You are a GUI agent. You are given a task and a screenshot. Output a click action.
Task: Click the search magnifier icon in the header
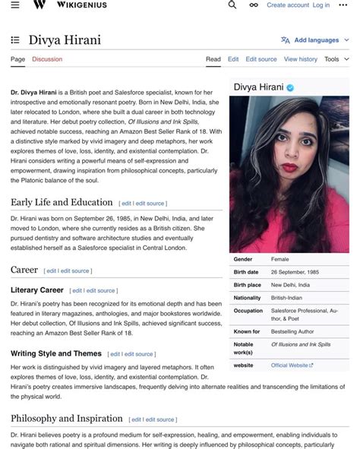[232, 5]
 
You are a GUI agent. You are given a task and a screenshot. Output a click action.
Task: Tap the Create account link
[288, 5]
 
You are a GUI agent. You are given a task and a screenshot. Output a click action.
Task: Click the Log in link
[321, 5]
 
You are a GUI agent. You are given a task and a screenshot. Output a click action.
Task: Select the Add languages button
[316, 40]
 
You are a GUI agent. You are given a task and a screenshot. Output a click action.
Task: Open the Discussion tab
[47, 59]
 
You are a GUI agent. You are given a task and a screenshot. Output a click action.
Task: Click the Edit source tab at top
[262, 59]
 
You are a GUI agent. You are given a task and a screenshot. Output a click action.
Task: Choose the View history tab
[301, 59]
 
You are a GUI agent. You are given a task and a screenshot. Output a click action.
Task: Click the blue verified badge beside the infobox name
[290, 88]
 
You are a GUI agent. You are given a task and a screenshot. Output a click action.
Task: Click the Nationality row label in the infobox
[248, 298]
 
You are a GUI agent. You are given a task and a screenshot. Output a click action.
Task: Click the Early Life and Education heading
[62, 203]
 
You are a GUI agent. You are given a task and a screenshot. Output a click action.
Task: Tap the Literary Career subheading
[37, 290]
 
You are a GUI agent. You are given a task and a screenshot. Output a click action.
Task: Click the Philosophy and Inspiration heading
[67, 419]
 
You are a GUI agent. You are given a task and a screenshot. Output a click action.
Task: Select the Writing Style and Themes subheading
[56, 354]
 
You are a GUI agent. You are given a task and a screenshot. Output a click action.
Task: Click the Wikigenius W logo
[39, 5]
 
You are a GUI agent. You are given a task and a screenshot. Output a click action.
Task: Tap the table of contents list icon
[15, 40]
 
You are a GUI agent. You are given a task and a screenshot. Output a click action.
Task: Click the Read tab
[213, 59]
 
